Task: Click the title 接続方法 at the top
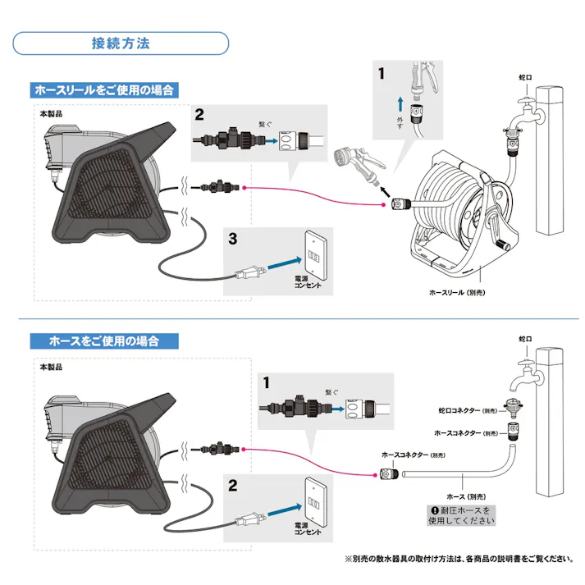point(121,43)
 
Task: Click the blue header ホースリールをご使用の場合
point(105,89)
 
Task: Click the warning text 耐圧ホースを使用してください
point(464,515)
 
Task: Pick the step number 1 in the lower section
point(266,382)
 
